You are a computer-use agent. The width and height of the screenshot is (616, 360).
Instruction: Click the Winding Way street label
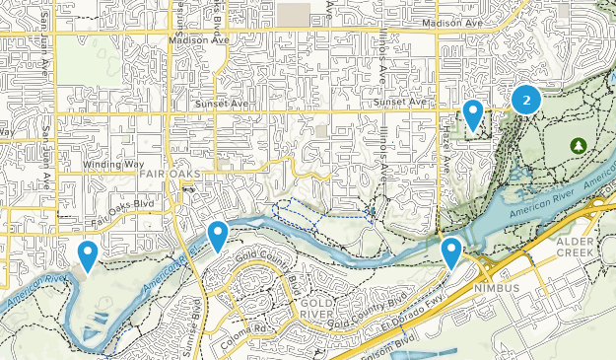coord(113,165)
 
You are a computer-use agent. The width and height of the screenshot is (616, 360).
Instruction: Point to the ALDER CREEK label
coord(577,246)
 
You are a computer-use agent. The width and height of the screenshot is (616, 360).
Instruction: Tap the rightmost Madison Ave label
coord(452,22)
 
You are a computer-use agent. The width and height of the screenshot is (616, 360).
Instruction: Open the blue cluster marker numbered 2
coord(526,99)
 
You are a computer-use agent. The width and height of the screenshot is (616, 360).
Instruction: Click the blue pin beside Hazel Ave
coord(473,115)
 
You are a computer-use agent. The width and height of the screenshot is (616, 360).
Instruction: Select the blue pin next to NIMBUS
coord(451,252)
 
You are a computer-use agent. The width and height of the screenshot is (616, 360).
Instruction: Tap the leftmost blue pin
coord(88,255)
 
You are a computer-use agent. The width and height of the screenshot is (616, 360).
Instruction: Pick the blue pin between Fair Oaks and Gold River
coord(218,236)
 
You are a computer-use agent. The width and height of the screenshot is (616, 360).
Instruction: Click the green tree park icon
coord(578,145)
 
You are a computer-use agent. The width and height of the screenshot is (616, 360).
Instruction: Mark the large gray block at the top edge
coord(293,13)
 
